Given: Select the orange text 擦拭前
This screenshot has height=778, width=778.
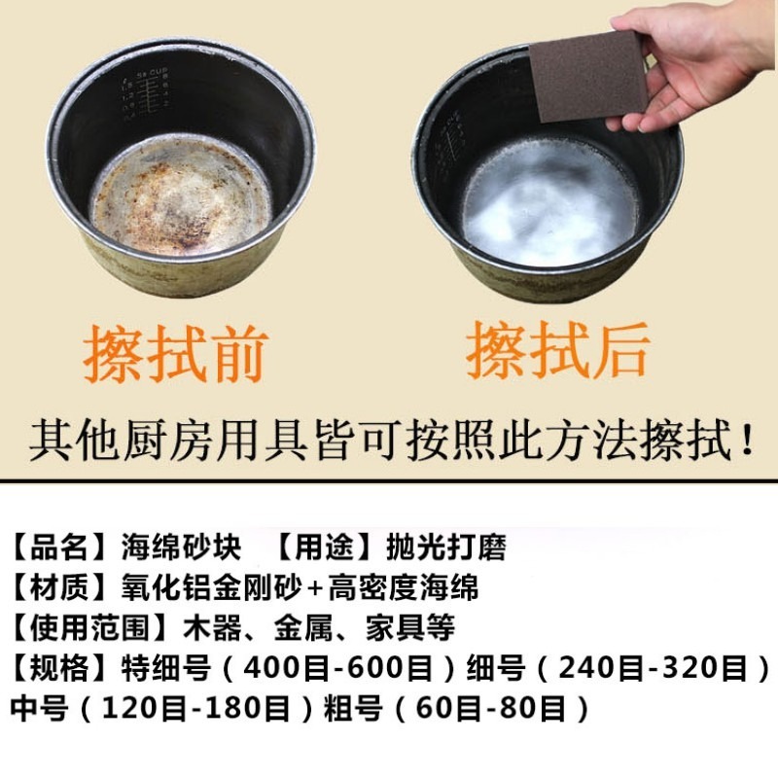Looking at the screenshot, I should (175, 354).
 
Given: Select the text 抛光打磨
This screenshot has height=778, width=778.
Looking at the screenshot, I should (433, 547).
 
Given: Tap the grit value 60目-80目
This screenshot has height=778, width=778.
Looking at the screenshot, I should (490, 708).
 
